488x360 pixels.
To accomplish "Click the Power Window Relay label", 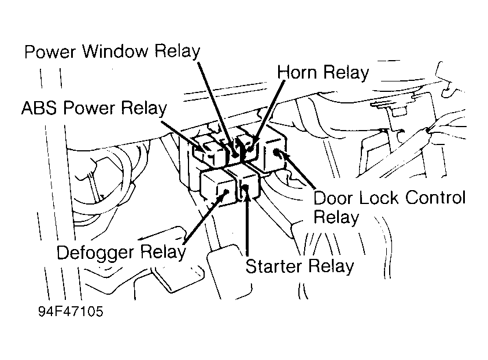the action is [x=112, y=51].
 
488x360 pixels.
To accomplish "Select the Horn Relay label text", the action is [x=323, y=72].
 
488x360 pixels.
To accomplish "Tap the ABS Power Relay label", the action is [x=94, y=108].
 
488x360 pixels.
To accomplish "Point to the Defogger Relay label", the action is [x=121, y=253].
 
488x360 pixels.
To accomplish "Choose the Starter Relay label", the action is [x=300, y=266].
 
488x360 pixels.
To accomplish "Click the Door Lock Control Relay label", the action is [x=389, y=207].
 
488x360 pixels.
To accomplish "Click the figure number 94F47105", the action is [x=71, y=311].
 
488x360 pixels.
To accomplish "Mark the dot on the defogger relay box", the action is [x=227, y=191].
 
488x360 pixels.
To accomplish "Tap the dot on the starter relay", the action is [x=246, y=187].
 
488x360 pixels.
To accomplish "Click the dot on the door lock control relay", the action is [x=276, y=153].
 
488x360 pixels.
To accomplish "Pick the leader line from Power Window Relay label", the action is [x=217, y=107].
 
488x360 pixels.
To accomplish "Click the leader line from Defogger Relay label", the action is [x=205, y=218].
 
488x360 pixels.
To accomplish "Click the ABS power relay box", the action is [x=209, y=153].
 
